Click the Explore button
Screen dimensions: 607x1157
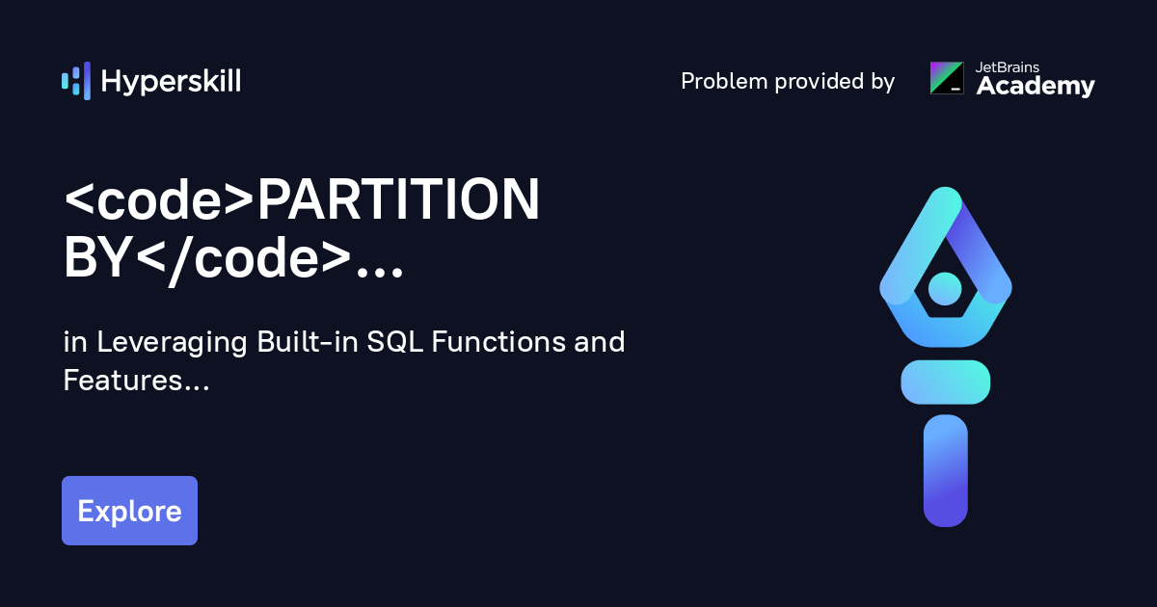pyautogui.click(x=129, y=511)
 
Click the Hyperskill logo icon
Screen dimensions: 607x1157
pyautogui.click(x=75, y=81)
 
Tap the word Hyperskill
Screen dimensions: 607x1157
pyautogui.click(x=171, y=82)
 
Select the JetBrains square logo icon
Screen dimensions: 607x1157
pyautogui.click(x=946, y=78)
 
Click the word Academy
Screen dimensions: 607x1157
pyautogui.click(x=1036, y=87)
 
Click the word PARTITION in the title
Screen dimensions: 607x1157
pyautogui.click(x=397, y=201)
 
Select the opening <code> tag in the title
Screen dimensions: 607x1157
pyautogui.click(x=158, y=201)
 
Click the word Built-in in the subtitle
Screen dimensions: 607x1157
pyautogui.click(x=308, y=342)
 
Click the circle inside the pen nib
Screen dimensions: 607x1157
pyautogui.click(x=945, y=287)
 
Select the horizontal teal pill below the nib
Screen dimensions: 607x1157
pyautogui.click(x=945, y=382)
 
